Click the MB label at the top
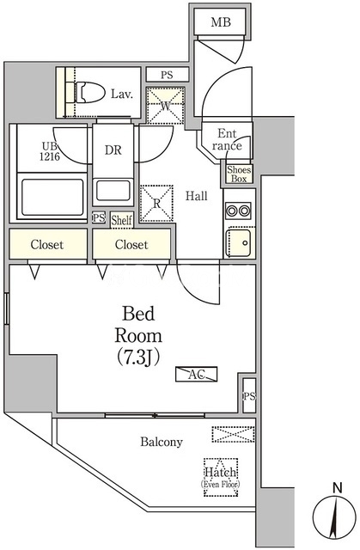click(221, 22)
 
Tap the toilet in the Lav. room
click(89, 93)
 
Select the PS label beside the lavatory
click(168, 75)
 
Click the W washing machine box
click(166, 106)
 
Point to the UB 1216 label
click(51, 151)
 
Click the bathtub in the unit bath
click(52, 197)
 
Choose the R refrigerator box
click(156, 204)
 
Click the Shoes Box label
click(239, 174)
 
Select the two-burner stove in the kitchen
click(238, 211)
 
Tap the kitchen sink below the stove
click(239, 242)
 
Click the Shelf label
click(122, 220)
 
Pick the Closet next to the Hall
click(131, 244)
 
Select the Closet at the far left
click(47, 244)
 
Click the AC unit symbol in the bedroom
click(196, 375)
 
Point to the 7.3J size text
click(138, 357)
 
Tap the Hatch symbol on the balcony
click(221, 477)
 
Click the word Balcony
click(162, 442)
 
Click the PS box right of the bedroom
click(249, 396)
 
